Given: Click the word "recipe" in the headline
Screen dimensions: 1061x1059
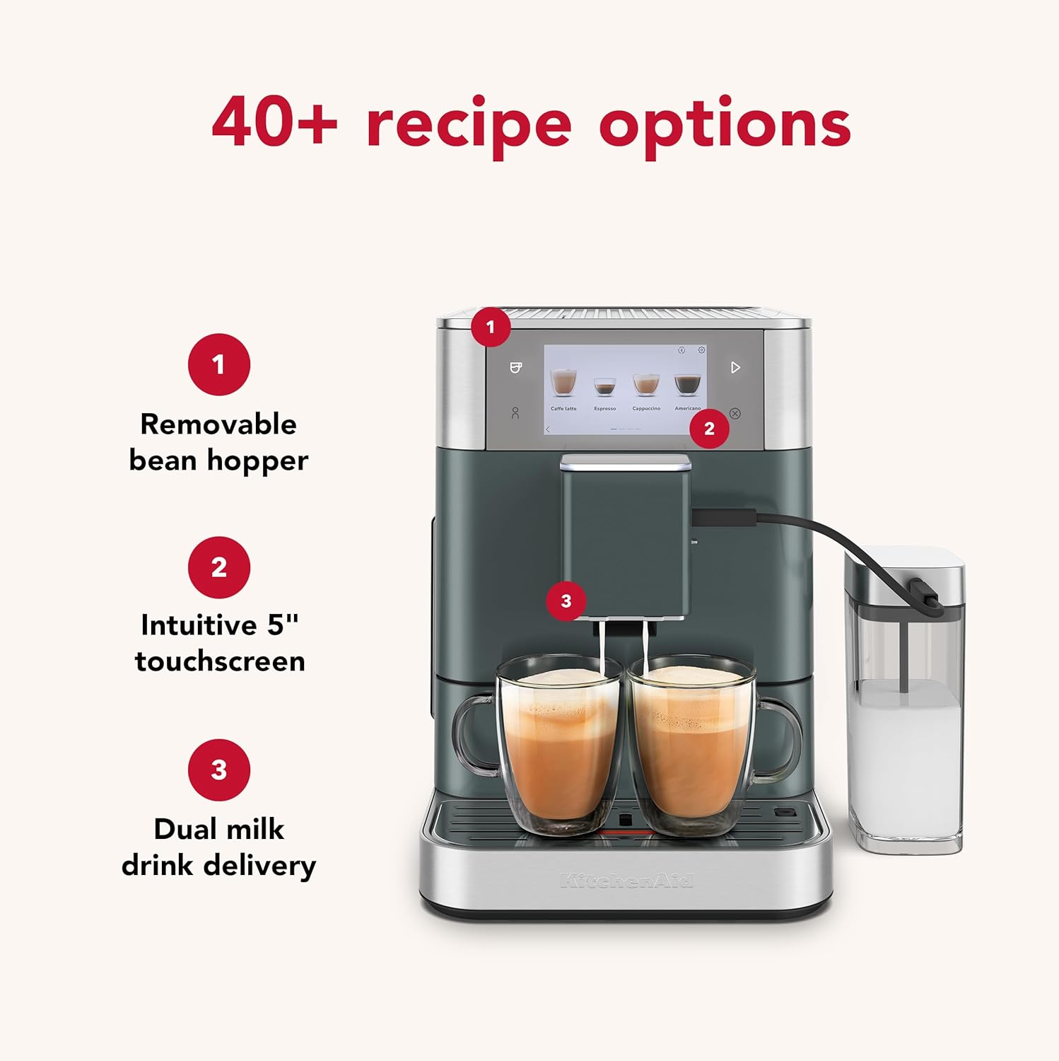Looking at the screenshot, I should [469, 125].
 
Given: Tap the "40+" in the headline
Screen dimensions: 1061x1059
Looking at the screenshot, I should [274, 122].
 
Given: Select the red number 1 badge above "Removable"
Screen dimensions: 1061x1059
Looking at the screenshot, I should [218, 364].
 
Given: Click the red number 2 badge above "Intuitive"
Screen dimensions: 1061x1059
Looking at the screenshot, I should [218, 567].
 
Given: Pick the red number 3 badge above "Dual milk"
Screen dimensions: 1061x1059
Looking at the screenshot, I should [218, 770].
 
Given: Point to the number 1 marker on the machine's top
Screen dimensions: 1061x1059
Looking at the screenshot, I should [491, 327].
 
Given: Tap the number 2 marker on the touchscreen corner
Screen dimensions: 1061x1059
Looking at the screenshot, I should [709, 428].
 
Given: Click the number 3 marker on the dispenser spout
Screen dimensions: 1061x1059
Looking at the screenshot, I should [566, 601].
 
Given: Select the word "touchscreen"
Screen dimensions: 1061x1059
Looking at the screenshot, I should [220, 661].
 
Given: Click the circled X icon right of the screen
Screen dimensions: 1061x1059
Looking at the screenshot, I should [735, 413].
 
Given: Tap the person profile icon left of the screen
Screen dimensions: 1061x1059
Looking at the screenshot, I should [515, 413].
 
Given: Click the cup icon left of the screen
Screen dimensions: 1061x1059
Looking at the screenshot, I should [516, 367].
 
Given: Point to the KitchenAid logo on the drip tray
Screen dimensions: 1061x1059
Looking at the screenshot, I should [626, 881].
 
